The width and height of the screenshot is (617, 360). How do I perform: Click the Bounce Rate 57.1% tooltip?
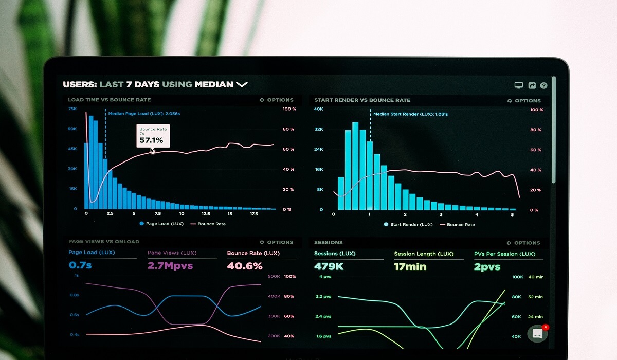pos(153,136)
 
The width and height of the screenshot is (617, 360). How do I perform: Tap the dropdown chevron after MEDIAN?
pos(242,84)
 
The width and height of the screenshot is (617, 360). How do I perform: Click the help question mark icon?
pos(543,86)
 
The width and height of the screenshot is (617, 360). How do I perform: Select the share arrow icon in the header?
pos(532,86)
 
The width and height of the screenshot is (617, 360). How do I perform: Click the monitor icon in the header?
pos(519,86)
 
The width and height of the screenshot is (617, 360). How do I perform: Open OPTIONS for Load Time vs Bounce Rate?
pos(277,100)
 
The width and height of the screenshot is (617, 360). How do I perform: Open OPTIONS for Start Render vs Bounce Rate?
pos(524,101)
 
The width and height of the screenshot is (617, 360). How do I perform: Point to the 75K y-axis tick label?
pos(72,109)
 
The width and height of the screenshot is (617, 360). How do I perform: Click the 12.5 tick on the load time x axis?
pos(206,213)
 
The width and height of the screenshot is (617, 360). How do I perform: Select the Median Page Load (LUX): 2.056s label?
pos(144,114)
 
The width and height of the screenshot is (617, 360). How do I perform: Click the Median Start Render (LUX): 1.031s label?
pos(410,114)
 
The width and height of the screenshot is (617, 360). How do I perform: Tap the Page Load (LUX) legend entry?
pos(161,224)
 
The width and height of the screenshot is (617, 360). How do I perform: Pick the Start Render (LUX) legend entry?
pos(409,224)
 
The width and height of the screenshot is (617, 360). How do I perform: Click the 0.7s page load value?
pos(80,265)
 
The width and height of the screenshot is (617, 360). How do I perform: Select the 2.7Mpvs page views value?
pos(170,266)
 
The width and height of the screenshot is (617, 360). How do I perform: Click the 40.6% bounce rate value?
pos(245,266)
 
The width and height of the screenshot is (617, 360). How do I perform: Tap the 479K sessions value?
pos(329,266)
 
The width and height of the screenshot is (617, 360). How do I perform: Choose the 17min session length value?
pos(411,266)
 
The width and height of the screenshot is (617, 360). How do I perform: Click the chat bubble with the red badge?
pos(537,333)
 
